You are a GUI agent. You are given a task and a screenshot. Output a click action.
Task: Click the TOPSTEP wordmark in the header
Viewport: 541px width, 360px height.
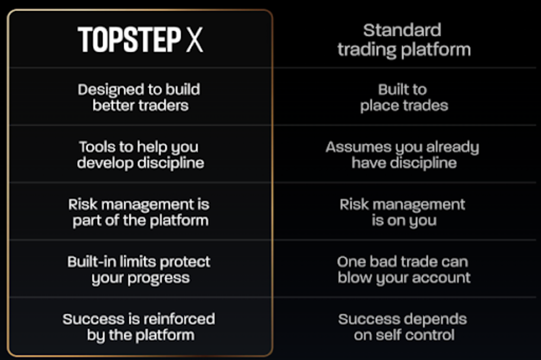129,40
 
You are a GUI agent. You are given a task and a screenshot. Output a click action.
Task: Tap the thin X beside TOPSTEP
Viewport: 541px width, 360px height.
194,40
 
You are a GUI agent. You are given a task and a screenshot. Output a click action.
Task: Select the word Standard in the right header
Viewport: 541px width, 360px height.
402,30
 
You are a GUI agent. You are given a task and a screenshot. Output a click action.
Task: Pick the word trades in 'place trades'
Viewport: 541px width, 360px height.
424,106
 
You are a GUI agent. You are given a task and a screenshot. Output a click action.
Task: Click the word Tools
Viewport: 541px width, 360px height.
96,147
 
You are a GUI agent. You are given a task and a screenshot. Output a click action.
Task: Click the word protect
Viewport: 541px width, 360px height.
189,262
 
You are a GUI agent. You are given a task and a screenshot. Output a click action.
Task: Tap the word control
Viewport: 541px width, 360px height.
430,335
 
